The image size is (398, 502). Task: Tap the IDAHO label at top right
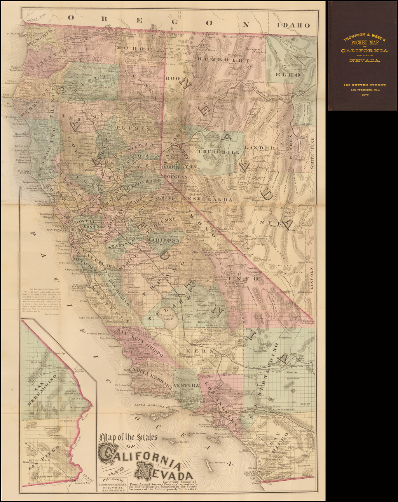click(x=293, y=26)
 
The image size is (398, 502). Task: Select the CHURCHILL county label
click(x=219, y=152)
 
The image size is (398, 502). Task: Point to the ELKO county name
click(x=288, y=75)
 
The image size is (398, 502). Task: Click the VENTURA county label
click(x=186, y=385)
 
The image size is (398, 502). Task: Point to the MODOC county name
click(x=133, y=49)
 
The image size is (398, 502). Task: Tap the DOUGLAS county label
click(x=175, y=177)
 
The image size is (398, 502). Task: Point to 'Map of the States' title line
click(x=128, y=438)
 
